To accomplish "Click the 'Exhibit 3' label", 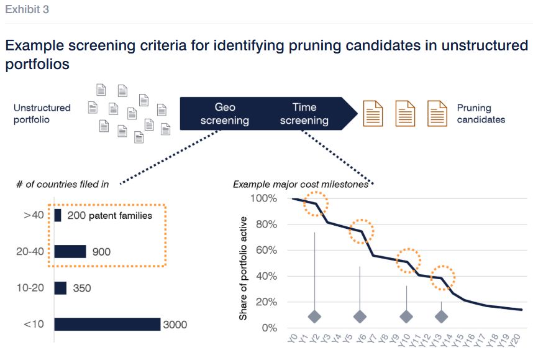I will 27,9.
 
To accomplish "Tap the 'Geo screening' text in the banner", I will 224,113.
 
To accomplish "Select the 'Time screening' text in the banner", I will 304,113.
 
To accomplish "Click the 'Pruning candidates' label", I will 481,113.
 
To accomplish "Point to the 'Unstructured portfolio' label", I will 42,113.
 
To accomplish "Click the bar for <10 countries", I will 107,325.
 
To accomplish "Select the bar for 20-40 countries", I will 70,251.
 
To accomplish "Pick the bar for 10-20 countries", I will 60,288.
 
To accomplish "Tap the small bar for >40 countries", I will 58,216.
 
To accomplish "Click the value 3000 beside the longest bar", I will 175,325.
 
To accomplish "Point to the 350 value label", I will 81,288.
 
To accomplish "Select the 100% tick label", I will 264,198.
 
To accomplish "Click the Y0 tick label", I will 293,339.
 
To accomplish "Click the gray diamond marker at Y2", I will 314,316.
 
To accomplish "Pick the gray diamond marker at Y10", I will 406,316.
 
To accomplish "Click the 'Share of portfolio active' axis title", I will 244,268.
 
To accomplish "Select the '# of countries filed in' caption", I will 62,184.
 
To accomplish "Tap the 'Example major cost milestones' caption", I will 301,184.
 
